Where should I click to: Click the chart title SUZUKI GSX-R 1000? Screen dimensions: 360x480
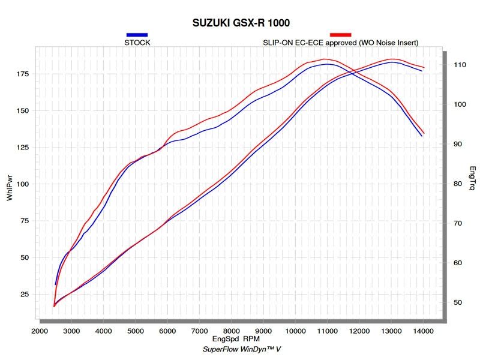coord(241,23)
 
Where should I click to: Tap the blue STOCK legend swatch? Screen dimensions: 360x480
coord(137,35)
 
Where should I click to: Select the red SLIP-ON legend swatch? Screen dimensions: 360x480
coord(340,35)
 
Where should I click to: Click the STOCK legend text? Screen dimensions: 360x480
coord(138,43)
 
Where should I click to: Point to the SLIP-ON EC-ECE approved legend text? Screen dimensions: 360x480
coord(340,43)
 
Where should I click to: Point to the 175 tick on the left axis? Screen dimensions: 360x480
coord(22,74)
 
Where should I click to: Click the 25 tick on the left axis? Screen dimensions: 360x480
coord(25,295)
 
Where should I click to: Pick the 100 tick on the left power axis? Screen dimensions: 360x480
coord(22,184)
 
